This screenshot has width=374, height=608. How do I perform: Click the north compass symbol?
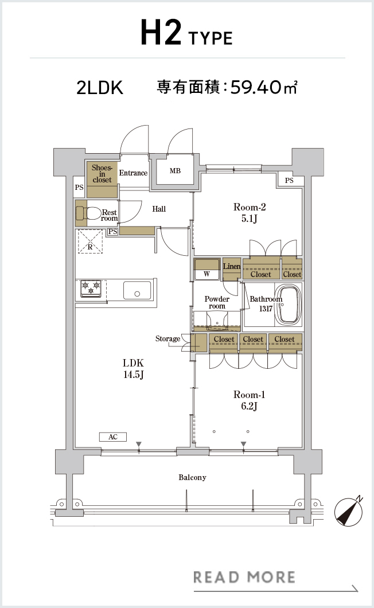[349, 512]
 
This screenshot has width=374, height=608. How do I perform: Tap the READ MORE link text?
[244, 578]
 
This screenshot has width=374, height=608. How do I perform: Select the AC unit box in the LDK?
[113, 437]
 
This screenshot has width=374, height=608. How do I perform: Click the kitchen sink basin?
[137, 290]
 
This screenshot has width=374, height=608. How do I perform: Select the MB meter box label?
[175, 170]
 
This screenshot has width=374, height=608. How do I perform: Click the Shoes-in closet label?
[102, 174]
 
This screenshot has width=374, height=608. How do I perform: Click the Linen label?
[232, 266]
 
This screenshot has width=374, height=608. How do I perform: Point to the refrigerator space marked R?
[90, 241]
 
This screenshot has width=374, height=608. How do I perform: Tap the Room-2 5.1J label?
[250, 213]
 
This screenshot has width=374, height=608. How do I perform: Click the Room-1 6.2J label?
[249, 400]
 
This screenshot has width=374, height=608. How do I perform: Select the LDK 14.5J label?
[134, 369]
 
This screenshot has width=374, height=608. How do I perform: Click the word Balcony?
[192, 477]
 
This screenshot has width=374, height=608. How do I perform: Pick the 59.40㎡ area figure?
[264, 87]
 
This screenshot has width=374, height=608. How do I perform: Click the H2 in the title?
[161, 33]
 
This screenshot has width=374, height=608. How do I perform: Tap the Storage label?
[167, 339]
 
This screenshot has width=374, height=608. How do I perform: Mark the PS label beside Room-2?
[289, 180]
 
